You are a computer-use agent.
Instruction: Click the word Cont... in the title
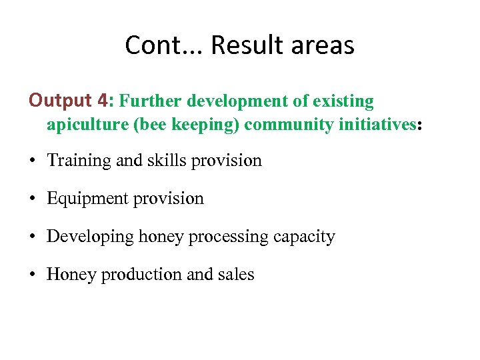(163, 45)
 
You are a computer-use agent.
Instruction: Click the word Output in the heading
(60, 101)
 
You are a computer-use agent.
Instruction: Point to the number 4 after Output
(101, 101)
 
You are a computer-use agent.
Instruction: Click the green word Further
(151, 101)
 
